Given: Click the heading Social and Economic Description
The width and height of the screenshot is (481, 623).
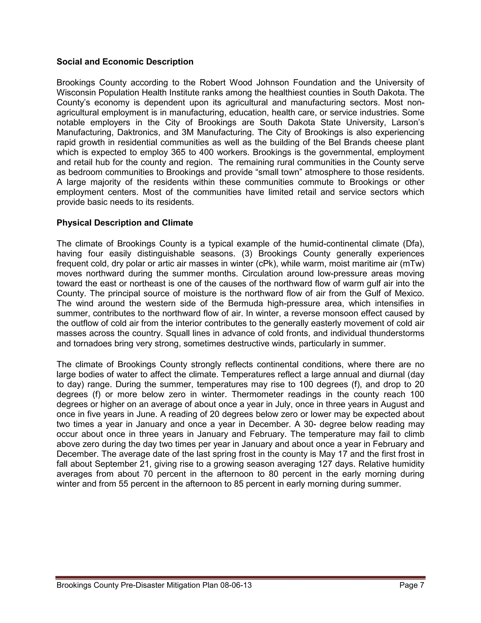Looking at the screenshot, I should (x=125, y=62).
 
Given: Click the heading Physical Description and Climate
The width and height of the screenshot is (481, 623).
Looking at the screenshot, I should (x=124, y=223).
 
